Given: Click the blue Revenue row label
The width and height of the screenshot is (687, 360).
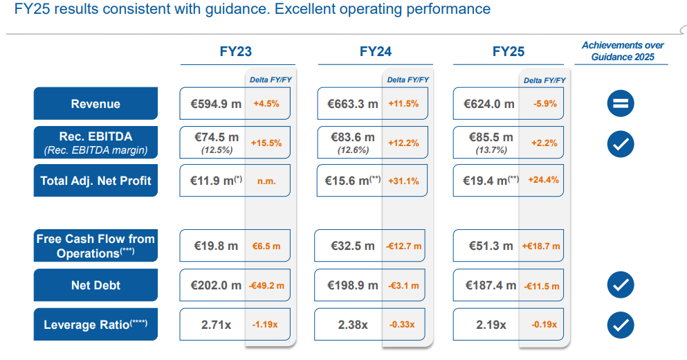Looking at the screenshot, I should tap(95, 104).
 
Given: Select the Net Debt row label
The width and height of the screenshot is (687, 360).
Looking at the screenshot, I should tap(95, 285).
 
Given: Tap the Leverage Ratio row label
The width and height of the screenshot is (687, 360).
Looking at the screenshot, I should tap(95, 325).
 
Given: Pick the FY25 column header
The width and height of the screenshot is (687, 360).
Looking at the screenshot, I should tap(509, 52).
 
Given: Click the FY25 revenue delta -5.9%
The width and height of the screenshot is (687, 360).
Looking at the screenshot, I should tap(545, 104).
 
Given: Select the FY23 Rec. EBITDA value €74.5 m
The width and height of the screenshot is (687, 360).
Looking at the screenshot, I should tap(214, 138).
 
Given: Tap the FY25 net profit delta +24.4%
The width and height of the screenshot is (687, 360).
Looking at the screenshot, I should tap(544, 180).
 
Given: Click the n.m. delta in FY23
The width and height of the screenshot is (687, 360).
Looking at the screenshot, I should tap(267, 181).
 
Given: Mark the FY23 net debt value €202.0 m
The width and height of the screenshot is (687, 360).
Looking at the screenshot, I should tap(216, 285).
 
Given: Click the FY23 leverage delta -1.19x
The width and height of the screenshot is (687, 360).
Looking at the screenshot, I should tap(267, 325).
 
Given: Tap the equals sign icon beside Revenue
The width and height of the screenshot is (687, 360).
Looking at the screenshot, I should tap(621, 104).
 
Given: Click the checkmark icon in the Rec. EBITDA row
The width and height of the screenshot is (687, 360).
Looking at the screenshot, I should tap(621, 143).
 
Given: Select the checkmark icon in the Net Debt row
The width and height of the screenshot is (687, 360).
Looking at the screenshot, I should tap(621, 285).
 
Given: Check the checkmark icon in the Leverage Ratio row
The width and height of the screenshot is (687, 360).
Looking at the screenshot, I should tap(621, 324).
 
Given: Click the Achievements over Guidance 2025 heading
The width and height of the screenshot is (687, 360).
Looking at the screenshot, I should tap(622, 51).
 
